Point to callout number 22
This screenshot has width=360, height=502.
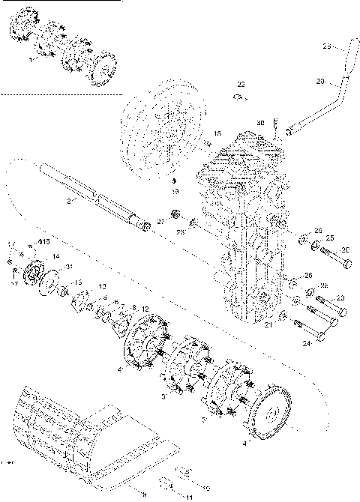click(241, 83)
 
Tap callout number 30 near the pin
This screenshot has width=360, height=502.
click(260, 122)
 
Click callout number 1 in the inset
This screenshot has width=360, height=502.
click(31, 59)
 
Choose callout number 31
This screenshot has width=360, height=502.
click(70, 267)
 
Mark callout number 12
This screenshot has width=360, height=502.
click(145, 309)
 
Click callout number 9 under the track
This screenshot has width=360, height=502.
click(144, 495)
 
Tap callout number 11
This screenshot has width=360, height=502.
click(188, 497)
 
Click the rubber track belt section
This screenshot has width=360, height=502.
click(60, 427)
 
